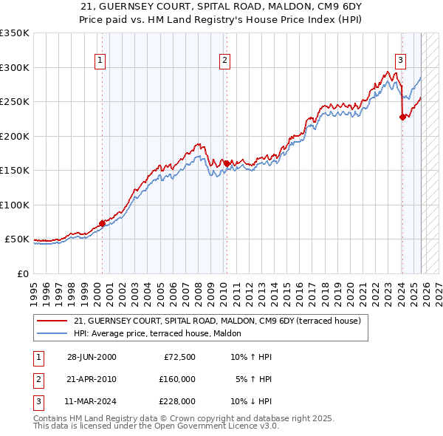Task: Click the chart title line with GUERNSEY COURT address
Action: pos(221,7)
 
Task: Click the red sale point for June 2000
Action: pos(102,223)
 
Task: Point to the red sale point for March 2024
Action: pos(402,117)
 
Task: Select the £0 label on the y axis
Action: pos(22,273)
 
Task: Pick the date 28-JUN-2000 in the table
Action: pos(92,357)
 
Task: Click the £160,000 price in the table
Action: pos(176,379)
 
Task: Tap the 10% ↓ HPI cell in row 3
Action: pos(251,401)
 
